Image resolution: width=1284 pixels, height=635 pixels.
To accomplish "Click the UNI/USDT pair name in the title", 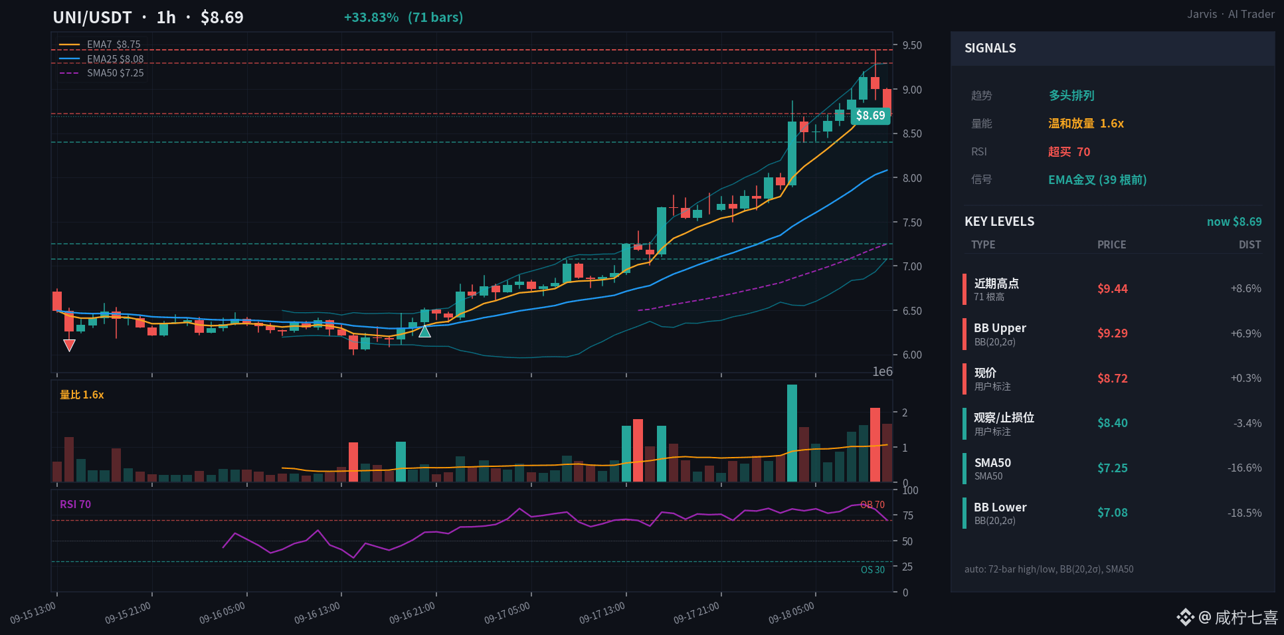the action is pos(92,17).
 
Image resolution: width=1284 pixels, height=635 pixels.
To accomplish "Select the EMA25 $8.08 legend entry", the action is pos(115,59).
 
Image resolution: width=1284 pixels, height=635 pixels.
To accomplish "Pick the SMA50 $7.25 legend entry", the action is pos(115,73).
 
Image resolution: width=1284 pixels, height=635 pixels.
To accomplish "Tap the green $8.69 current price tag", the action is pos(870,116).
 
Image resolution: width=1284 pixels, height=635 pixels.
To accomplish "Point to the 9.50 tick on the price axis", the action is pos(912,45).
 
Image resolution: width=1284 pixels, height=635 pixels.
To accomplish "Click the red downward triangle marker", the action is pos(69,345).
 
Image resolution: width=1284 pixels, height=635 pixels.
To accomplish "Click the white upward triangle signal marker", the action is pos(424,331).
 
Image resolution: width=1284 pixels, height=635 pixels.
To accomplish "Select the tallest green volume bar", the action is pos(792,433).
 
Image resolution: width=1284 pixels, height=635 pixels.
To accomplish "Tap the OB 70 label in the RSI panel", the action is pos(872,505).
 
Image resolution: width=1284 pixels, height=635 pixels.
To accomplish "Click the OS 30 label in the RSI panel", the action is pos(873,570).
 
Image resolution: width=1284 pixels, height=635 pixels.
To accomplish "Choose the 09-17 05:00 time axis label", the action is pos(507,613).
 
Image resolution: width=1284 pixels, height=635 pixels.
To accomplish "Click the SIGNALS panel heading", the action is pos(990,48).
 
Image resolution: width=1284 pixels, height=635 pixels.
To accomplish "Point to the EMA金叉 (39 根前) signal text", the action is pos(1097,180).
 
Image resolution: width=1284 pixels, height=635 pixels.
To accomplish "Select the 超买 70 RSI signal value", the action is pos(1069,152).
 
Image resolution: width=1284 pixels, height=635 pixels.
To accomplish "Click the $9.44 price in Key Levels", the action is pos(1113,289).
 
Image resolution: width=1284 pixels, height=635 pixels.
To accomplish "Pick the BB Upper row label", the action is pos(1000,328).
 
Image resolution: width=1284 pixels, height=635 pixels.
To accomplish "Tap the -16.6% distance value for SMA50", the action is pos(1244,468).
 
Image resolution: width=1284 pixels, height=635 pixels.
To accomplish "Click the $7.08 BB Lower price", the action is pos(1113,513).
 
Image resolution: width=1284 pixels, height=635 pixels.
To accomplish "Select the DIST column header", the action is pos(1249,244).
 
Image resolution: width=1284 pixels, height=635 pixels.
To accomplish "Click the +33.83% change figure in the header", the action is pos(371,17).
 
